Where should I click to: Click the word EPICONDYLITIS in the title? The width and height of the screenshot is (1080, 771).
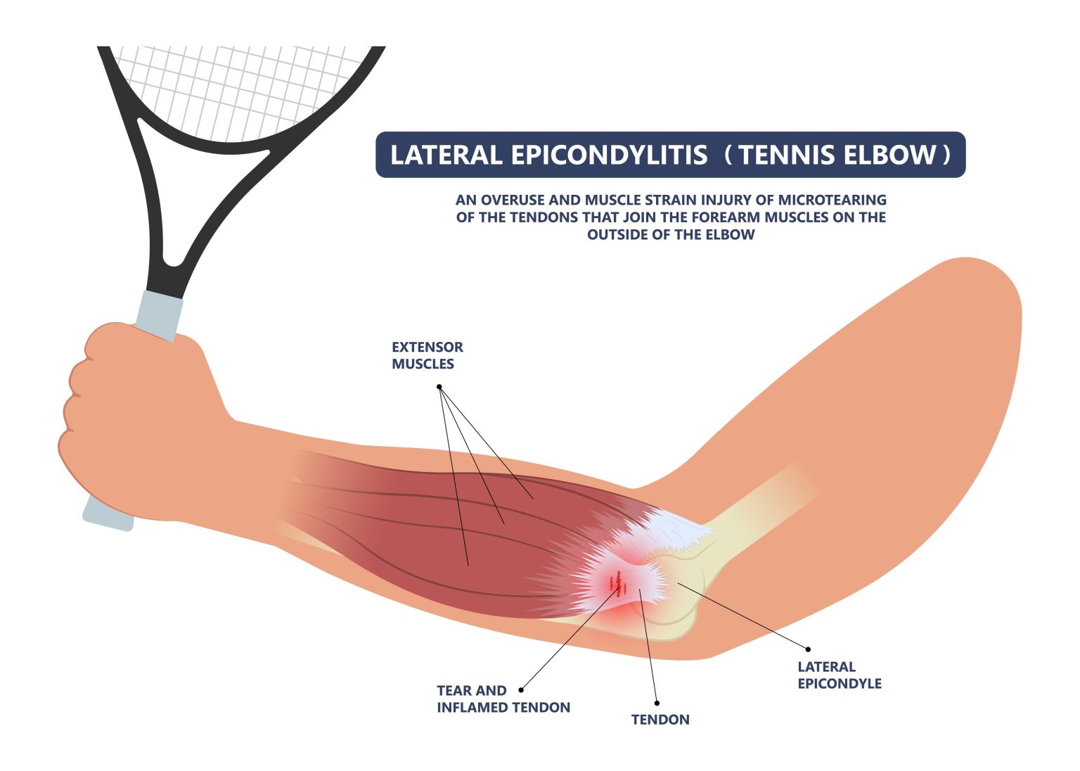(609, 155)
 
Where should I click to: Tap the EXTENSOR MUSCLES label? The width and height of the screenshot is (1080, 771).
(427, 355)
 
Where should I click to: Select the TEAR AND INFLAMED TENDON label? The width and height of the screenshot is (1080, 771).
(503, 699)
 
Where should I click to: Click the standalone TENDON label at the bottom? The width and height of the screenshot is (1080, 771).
(660, 720)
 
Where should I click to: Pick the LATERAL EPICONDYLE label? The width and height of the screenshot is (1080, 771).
(839, 675)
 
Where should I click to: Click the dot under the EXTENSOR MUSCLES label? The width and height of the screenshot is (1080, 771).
(439, 387)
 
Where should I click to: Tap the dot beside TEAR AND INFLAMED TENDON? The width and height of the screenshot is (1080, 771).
(521, 690)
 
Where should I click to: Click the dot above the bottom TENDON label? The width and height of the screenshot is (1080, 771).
(657, 702)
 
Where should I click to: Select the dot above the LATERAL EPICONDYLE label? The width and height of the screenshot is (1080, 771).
(808, 649)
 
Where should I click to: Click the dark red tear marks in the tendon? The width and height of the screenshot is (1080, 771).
(618, 582)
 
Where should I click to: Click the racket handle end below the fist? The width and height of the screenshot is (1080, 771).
(108, 516)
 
